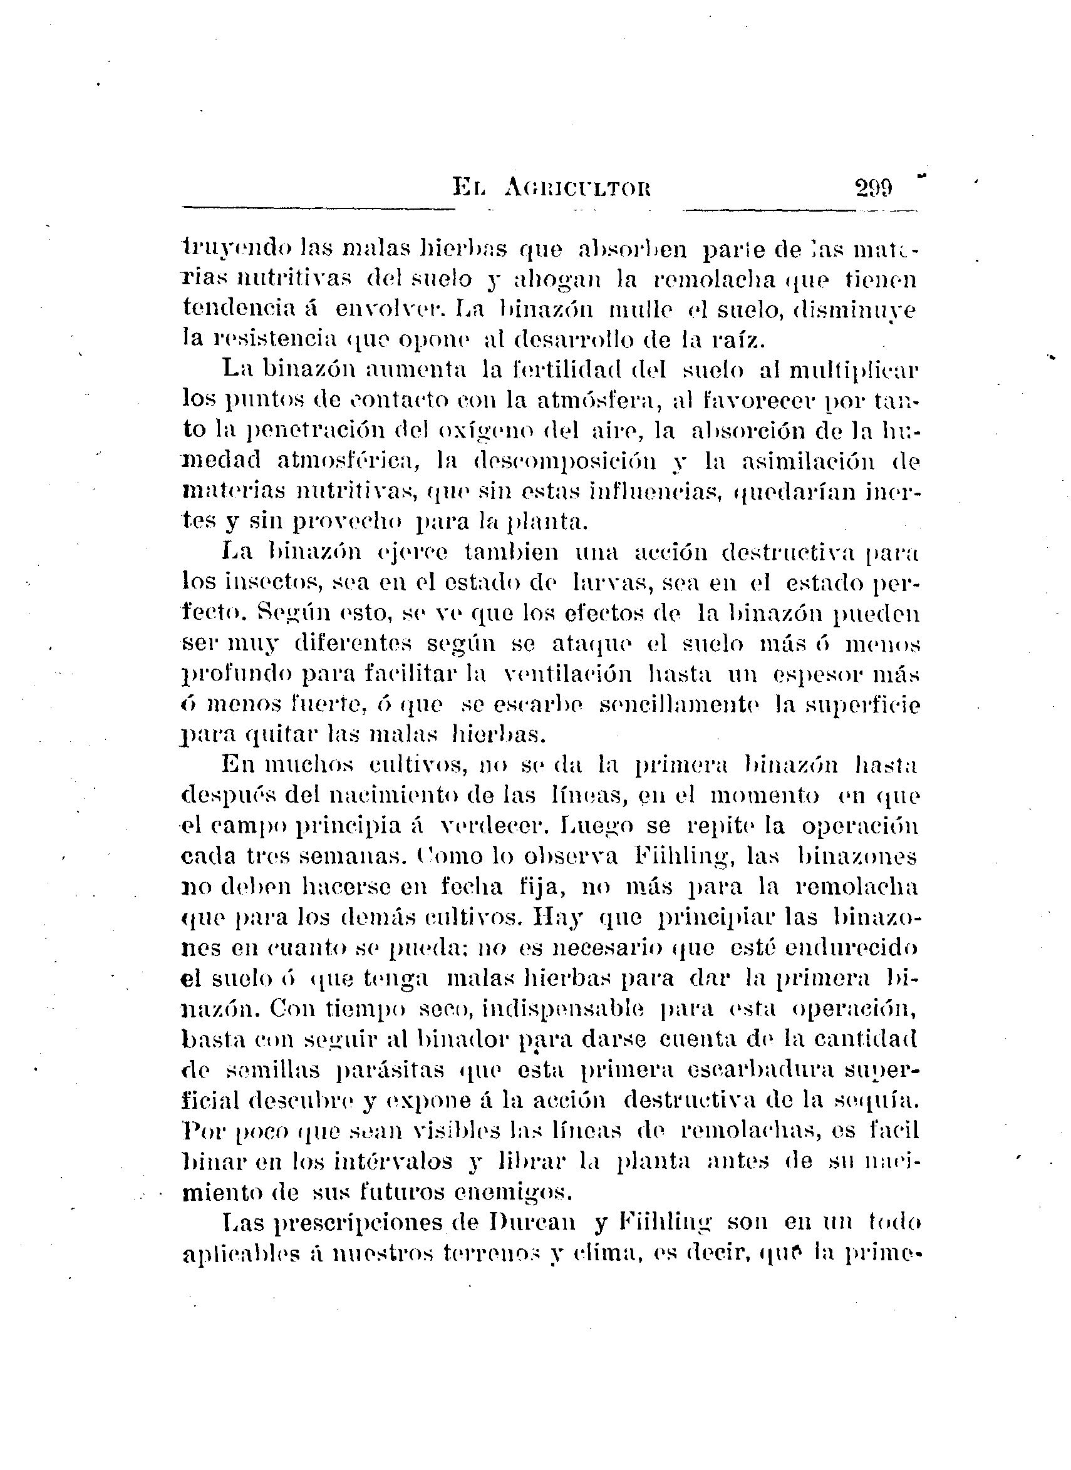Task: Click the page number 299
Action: pos(873,188)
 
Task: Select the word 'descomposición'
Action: pos(564,461)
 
